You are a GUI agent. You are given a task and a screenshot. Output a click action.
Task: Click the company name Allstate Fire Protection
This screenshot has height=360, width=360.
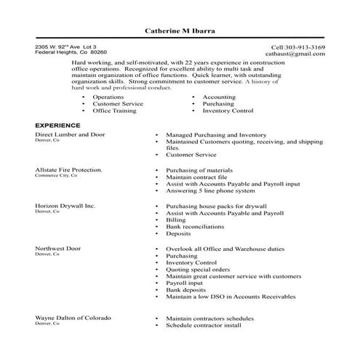(x=68, y=169)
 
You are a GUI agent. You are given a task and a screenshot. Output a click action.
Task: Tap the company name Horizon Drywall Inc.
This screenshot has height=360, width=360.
(x=65, y=206)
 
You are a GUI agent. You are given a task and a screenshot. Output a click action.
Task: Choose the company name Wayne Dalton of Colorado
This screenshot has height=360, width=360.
(x=73, y=319)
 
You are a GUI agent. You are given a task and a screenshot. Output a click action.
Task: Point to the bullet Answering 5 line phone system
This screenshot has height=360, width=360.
(x=210, y=191)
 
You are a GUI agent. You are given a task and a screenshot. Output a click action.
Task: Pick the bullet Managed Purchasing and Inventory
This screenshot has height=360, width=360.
(x=216, y=135)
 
